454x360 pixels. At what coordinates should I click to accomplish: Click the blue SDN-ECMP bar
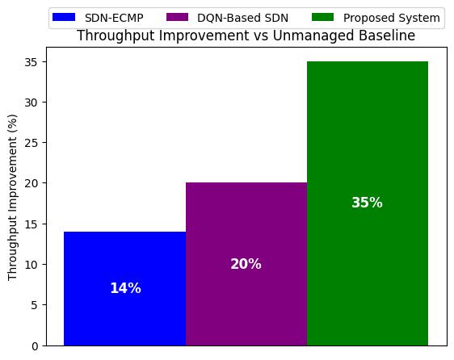pyautogui.click(x=124, y=288)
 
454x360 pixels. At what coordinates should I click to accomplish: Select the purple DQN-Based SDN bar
pyautogui.click(x=246, y=264)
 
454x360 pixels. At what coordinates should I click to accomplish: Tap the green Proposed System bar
pyautogui.click(x=368, y=203)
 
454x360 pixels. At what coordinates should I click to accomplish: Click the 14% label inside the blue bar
pyautogui.click(x=126, y=288)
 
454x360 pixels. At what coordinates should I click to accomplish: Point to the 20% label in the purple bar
pyautogui.click(x=246, y=264)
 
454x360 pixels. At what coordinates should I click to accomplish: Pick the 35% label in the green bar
pyautogui.click(x=367, y=203)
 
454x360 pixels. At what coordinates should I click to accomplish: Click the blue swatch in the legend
pyautogui.click(x=64, y=18)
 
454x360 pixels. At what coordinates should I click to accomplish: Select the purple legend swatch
pyautogui.click(x=177, y=18)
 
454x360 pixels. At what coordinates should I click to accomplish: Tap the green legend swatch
pyautogui.click(x=322, y=18)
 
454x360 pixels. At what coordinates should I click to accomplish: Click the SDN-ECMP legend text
pyautogui.click(x=114, y=18)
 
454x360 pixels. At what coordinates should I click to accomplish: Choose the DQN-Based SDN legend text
pyautogui.click(x=242, y=18)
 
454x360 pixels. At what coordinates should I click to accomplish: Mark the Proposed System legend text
pyautogui.click(x=392, y=18)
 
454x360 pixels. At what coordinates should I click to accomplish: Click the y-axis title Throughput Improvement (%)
pyautogui.click(x=12, y=198)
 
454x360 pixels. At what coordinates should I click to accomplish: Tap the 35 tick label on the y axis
pyautogui.click(x=32, y=62)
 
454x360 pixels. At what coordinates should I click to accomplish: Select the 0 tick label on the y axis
pyautogui.click(x=35, y=346)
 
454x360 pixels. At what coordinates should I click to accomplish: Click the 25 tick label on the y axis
pyautogui.click(x=32, y=143)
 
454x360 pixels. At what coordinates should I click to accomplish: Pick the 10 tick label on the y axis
pyautogui.click(x=32, y=265)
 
